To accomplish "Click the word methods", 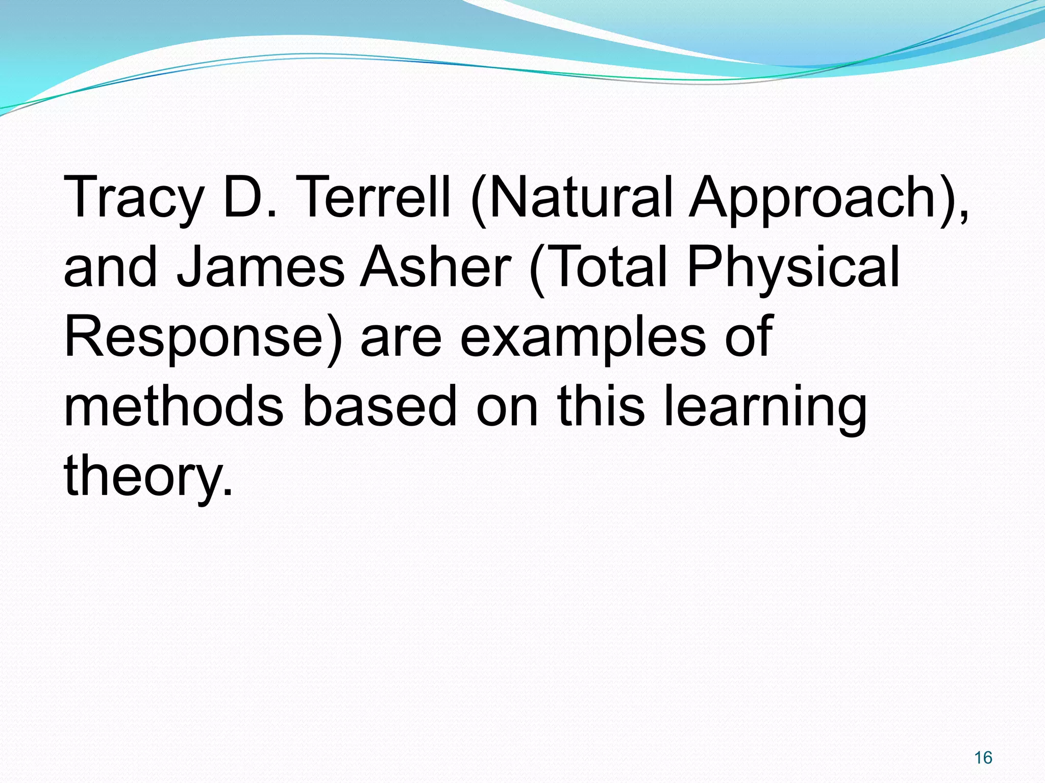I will point(173,406).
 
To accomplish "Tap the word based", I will point(380,406).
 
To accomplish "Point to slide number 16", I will point(983,758).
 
